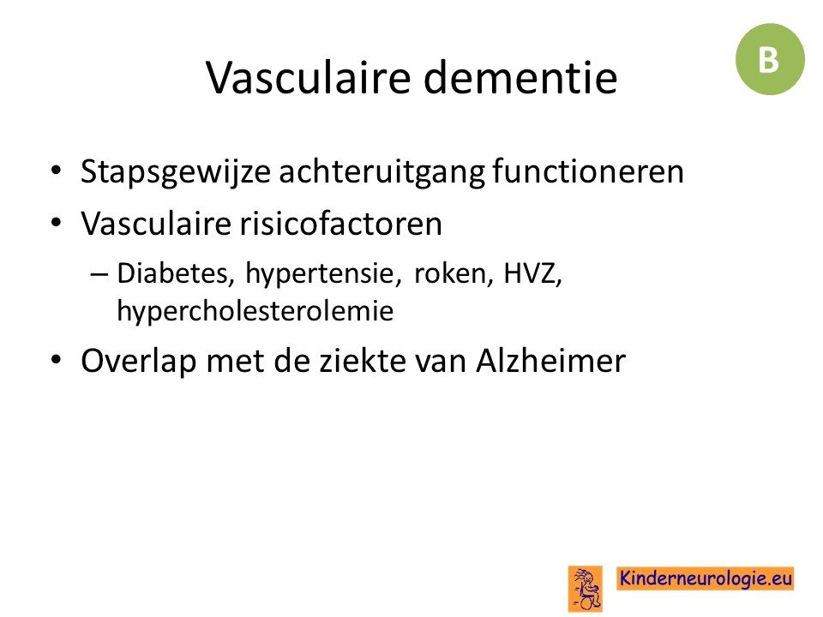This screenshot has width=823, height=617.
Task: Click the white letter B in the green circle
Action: pyautogui.click(x=768, y=59)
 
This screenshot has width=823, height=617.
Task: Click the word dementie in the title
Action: pyautogui.click(x=520, y=78)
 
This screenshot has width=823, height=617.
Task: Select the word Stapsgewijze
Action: pyautogui.click(x=176, y=172)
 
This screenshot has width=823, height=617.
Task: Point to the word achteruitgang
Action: pyautogui.click(x=381, y=172)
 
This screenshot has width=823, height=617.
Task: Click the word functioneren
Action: pyautogui.click(x=588, y=171)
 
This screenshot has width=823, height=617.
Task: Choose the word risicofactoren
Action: pyautogui.click(x=341, y=224)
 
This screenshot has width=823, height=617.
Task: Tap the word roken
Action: pyautogui.click(x=454, y=273)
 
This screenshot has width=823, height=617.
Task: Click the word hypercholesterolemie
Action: pyautogui.click(x=255, y=311)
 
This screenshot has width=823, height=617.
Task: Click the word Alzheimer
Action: pyautogui.click(x=550, y=361)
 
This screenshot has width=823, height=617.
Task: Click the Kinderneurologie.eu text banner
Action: pyautogui.click(x=706, y=578)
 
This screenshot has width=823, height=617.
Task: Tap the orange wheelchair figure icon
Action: pyautogui.click(x=586, y=589)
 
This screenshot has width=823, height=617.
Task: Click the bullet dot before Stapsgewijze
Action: pyautogui.click(x=57, y=171)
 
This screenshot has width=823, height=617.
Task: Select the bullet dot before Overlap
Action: pyautogui.click(x=57, y=360)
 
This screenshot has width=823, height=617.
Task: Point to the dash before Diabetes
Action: pyautogui.click(x=99, y=274)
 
